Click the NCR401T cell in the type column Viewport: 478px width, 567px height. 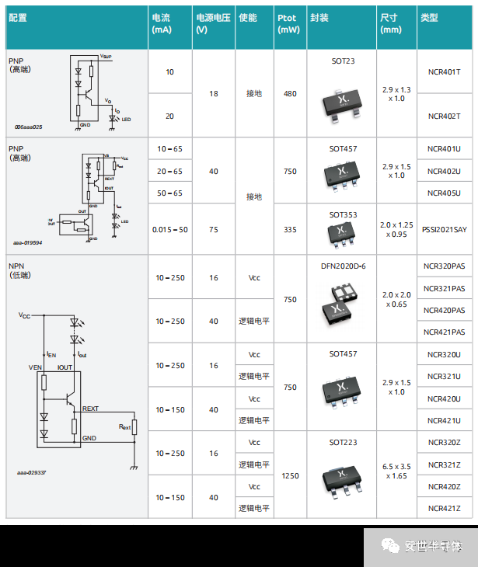444,72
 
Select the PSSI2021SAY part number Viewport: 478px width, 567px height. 445,229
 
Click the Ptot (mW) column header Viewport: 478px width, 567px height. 288,24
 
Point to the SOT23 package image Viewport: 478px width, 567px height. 342,100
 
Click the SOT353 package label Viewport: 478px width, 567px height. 342,214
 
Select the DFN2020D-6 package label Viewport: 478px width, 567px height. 343,266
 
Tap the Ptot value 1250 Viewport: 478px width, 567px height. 290,475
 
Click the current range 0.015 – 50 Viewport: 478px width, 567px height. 170,230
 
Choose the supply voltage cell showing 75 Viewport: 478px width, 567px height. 213,230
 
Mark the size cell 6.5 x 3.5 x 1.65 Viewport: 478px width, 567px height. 396,471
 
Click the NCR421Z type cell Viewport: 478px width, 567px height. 444,508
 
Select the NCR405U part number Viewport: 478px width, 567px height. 444,193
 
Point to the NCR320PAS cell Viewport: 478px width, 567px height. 444,266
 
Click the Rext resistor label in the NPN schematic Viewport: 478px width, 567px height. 124,426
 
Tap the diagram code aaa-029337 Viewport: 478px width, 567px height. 32,471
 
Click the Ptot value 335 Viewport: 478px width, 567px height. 290,230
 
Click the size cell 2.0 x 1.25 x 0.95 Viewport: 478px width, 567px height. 396,229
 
